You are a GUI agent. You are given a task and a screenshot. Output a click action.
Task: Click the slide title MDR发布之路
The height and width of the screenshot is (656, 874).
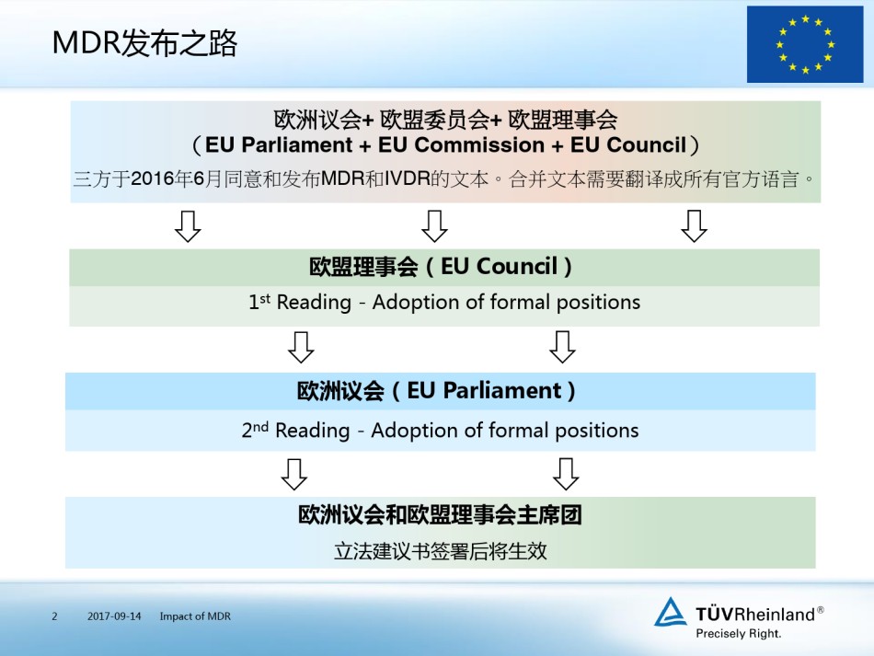coord(144,43)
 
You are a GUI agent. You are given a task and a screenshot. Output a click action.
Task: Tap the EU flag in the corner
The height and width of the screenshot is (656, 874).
coord(805,44)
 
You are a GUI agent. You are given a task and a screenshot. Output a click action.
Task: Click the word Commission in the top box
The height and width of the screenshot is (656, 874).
coord(461,145)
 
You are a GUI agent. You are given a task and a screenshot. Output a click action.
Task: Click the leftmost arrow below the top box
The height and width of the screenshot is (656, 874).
coord(188,226)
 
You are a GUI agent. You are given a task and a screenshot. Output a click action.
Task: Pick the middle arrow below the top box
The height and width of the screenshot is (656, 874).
coord(435,225)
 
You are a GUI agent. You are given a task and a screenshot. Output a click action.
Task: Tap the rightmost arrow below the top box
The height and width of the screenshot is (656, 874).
coord(694,225)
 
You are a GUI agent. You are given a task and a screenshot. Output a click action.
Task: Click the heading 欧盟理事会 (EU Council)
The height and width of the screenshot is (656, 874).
coord(441,267)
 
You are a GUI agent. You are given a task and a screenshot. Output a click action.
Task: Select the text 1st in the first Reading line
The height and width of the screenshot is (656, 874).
coord(259,302)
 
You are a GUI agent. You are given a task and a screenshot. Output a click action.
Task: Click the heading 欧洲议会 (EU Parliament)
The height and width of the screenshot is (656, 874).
coord(436,391)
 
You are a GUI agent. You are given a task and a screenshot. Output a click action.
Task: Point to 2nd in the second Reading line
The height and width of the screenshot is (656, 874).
coord(255,430)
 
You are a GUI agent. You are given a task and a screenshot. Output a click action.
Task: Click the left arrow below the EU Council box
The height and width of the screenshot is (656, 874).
coord(301,347)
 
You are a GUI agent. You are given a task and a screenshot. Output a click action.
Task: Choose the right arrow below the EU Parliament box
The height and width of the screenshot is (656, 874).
coord(566,474)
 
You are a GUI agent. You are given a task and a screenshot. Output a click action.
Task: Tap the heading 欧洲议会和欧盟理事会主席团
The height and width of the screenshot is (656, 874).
coord(440,514)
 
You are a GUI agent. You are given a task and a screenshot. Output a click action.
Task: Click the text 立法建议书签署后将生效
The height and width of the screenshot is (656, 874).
coord(441,551)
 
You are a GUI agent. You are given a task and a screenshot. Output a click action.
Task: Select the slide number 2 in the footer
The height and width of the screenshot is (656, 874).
coord(54,616)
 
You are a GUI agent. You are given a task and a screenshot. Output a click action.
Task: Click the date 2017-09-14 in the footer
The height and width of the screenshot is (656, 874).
coord(114,616)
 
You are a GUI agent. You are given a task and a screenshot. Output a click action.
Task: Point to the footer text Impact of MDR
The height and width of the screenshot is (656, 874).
coord(195,616)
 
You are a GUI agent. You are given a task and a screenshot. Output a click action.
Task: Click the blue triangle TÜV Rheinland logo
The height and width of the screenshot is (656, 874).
coord(670,612)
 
